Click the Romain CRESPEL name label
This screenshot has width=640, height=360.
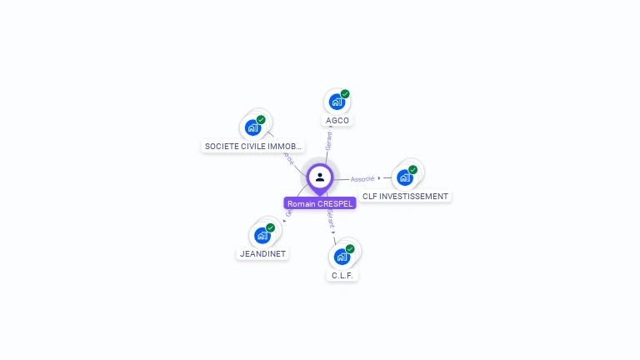tap(320, 203)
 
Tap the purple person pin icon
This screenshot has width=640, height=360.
tap(320, 177)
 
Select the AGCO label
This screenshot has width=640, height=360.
tap(337, 120)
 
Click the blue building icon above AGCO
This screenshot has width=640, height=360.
tap(336, 102)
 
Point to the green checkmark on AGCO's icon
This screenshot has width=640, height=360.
tap(345, 94)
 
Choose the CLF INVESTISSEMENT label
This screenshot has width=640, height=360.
tap(405, 197)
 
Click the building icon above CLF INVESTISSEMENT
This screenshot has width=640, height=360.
tap(404, 177)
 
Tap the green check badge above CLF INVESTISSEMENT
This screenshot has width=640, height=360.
tap(413, 170)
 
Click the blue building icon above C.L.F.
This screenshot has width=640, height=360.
tap(341, 257)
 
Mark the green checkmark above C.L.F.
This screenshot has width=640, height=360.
tap(350, 249)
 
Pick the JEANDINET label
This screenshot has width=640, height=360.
tap(262, 254)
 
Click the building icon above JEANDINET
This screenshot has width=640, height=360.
tap(262, 236)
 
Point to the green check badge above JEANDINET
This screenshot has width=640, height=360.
tap(271, 227)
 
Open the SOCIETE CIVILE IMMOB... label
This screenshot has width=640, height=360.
tap(253, 146)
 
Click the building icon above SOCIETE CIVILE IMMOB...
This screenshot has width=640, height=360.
tap(252, 127)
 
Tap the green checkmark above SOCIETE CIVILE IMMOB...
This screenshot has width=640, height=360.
tap(261, 120)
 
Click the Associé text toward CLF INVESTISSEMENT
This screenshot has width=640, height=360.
tap(362, 179)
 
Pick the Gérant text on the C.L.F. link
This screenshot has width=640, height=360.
tap(330, 219)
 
